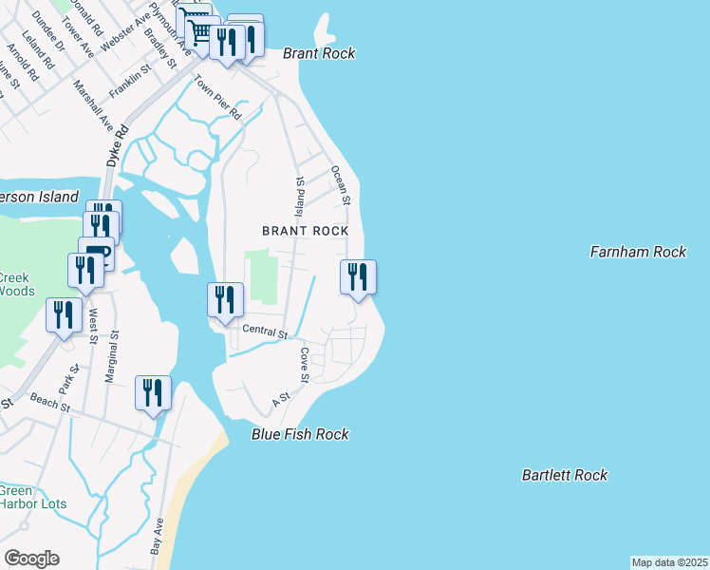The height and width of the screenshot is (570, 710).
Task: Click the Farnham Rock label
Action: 637,252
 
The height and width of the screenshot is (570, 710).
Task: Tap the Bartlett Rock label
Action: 564,475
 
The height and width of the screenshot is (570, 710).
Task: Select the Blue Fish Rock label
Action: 300,434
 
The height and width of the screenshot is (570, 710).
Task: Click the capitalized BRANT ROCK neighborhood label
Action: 306,231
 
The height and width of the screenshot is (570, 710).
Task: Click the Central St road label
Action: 265,332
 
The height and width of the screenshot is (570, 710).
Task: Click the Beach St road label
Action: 50,403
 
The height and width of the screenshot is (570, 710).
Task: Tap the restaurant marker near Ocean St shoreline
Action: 358,277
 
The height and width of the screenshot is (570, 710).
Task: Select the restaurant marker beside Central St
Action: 225,300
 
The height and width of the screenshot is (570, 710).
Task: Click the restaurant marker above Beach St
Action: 153,393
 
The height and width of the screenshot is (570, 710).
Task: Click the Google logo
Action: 31,559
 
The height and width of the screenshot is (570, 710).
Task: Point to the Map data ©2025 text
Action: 669,562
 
